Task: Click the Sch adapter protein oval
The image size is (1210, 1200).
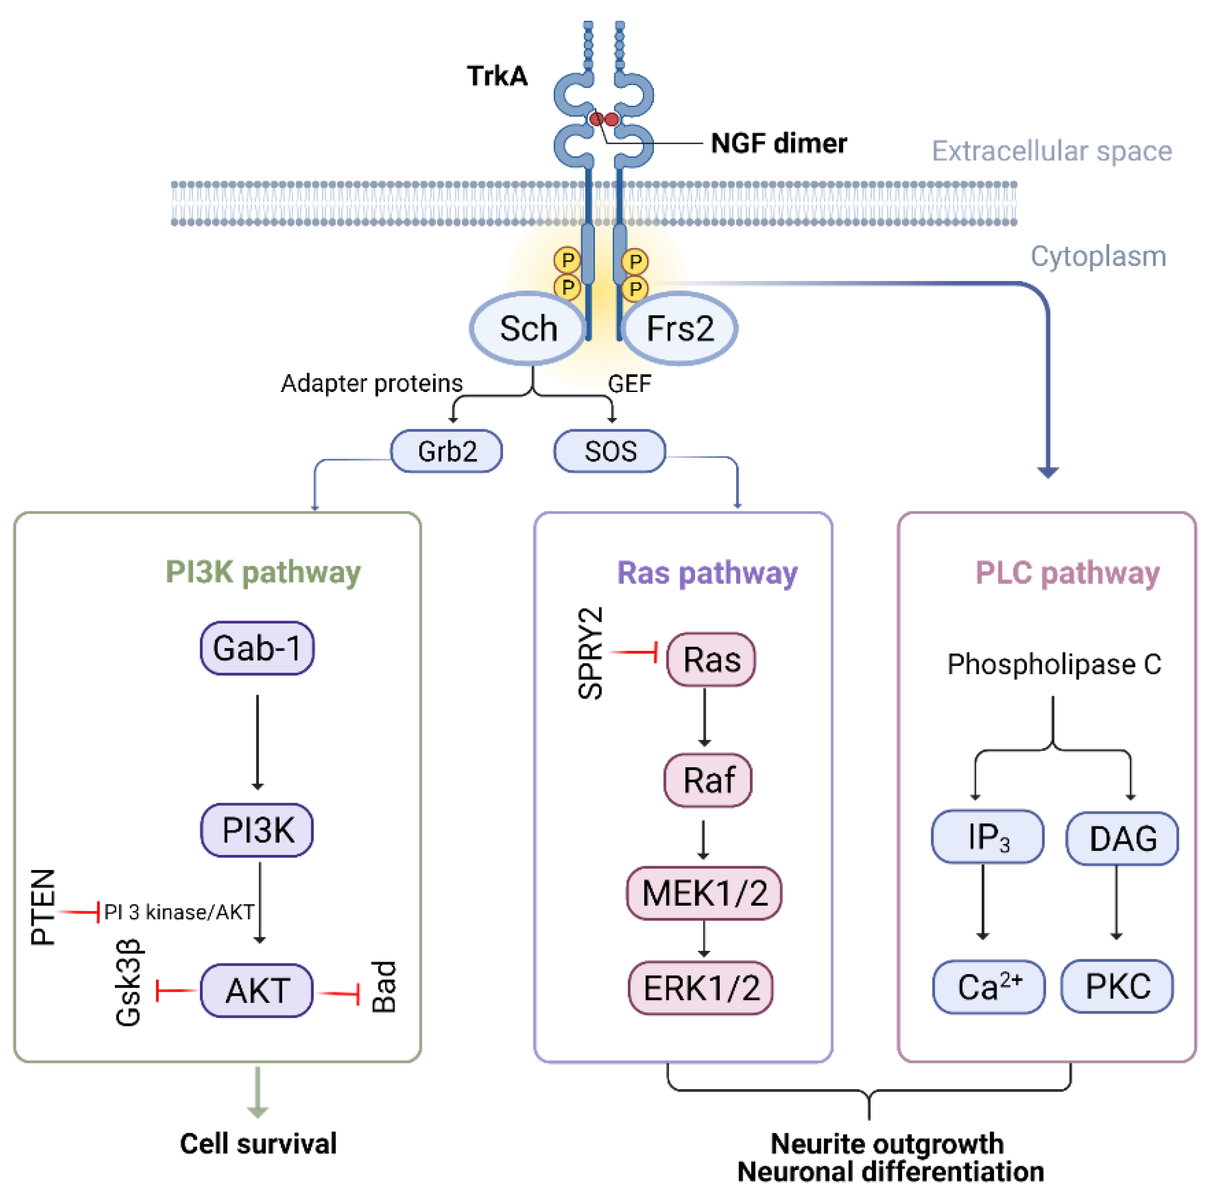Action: pyautogui.click(x=528, y=328)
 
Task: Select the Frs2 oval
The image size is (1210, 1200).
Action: pyautogui.click(x=680, y=328)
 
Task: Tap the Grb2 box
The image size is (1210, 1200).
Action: pyautogui.click(x=447, y=451)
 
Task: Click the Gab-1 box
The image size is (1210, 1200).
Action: pyautogui.click(x=257, y=648)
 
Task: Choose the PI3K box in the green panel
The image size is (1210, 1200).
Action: pyautogui.click(x=257, y=830)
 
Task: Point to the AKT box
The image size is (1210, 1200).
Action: pyautogui.click(x=257, y=990)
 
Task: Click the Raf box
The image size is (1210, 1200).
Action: pyautogui.click(x=708, y=780)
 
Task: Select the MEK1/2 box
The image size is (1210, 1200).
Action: pyautogui.click(x=704, y=893)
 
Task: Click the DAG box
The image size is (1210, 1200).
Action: pyautogui.click(x=1122, y=838)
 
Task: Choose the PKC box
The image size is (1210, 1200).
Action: pyautogui.click(x=1117, y=986)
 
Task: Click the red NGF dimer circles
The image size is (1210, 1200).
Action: pyautogui.click(x=604, y=119)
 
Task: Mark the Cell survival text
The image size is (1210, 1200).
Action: pyautogui.click(x=258, y=1143)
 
